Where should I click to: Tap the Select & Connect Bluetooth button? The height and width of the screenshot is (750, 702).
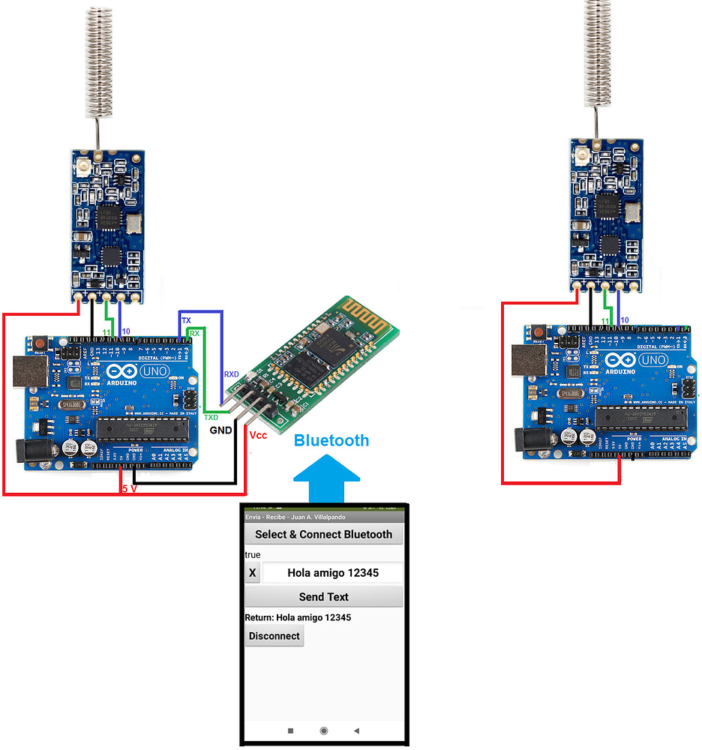(x=323, y=535)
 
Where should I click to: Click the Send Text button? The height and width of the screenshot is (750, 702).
(x=323, y=597)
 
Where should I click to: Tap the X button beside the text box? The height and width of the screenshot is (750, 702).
(x=252, y=573)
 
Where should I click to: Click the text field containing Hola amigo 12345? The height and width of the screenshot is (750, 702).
(x=332, y=573)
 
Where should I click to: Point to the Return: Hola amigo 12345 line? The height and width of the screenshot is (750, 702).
(x=298, y=617)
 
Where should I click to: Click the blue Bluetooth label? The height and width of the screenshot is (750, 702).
(x=331, y=440)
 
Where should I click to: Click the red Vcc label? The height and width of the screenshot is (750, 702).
(x=258, y=436)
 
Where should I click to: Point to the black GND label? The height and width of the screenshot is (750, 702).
(x=220, y=430)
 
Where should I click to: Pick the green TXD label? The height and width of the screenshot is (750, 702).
(x=211, y=417)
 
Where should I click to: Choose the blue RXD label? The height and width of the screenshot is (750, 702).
(x=231, y=373)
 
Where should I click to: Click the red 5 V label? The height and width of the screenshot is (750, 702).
(x=130, y=489)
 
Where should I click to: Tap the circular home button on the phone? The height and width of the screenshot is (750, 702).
(x=323, y=730)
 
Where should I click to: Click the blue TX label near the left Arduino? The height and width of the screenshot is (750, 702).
(x=186, y=321)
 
